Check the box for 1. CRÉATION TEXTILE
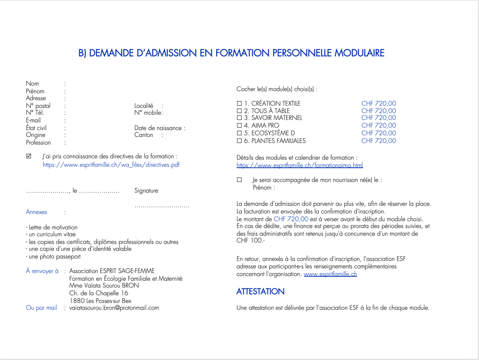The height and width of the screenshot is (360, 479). [239, 104]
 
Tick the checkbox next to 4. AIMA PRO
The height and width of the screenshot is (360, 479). [239, 125]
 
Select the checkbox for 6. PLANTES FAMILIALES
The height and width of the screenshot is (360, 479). [239, 141]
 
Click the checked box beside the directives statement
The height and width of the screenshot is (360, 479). [29, 156]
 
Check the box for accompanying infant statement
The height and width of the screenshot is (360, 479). [239, 180]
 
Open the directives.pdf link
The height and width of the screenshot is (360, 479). [111, 165]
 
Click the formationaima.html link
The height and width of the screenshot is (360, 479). [300, 165]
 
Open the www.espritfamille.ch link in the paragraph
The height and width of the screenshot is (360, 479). [330, 274]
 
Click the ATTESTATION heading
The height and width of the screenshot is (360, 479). [260, 292]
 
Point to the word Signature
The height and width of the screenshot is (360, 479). [146, 191]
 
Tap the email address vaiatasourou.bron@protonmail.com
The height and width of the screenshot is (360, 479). [114, 308]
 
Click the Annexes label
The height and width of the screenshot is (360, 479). [36, 212]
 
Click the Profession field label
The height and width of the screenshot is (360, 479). [38, 143]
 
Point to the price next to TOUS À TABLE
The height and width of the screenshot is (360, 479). [378, 111]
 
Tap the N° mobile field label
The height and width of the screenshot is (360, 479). [148, 113]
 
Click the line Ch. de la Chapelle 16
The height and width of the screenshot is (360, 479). [99, 293]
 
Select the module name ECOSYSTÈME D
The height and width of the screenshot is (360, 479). [273, 133]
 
